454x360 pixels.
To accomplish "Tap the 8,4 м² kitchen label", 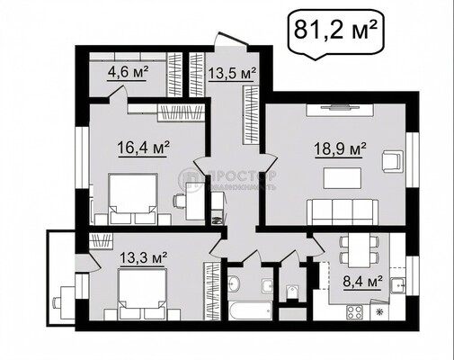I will click(x=363, y=280).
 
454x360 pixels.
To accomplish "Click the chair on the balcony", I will click(x=64, y=298).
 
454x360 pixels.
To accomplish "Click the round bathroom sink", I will click(x=234, y=284).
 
